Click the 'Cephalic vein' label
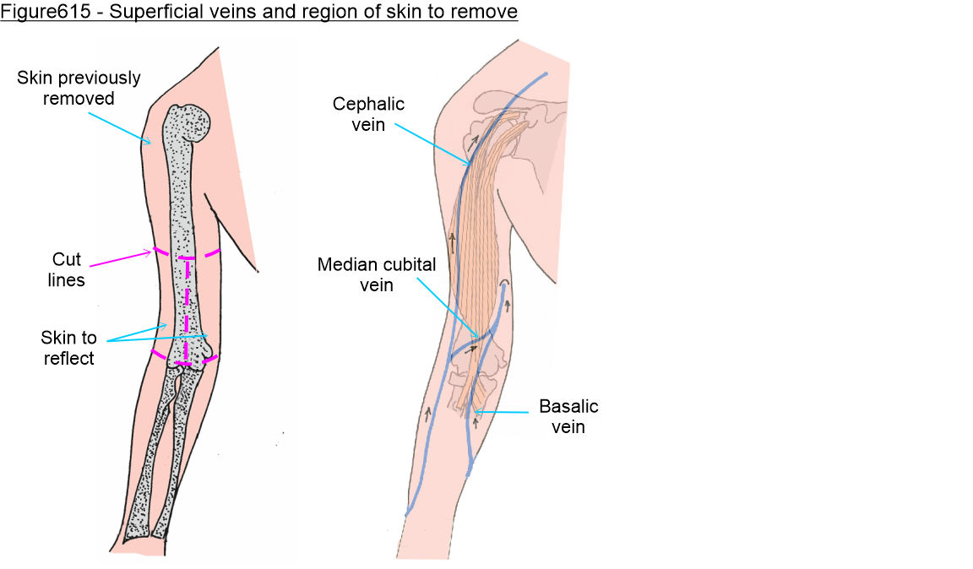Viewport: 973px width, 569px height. click(368, 114)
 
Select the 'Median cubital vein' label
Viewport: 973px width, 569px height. click(377, 274)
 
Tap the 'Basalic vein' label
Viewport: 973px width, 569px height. click(568, 416)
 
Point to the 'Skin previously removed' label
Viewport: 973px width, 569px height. click(79, 88)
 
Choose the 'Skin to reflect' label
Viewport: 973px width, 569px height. click(68, 348)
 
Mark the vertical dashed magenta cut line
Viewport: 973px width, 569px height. click(187, 308)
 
